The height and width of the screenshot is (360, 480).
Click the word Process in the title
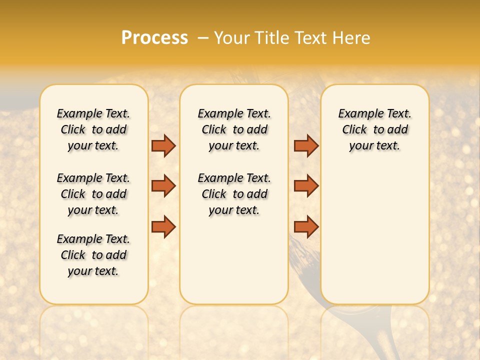[154, 38]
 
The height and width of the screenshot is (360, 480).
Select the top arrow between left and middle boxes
[163, 145]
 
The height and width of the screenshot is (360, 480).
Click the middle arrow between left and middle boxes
[163, 186]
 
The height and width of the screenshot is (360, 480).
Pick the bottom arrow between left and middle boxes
[163, 227]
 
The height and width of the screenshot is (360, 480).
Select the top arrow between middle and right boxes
[306, 145]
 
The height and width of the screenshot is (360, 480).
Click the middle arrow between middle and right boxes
[306, 186]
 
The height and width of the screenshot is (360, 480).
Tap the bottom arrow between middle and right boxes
[306, 227]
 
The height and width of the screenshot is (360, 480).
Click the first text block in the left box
[93, 129]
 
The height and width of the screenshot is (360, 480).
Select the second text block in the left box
[93, 194]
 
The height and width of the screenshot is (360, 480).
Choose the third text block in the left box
[93, 255]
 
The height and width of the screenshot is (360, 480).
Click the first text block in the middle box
[234, 129]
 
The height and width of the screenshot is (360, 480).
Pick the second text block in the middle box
[234, 194]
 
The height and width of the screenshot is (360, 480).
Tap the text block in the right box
[374, 129]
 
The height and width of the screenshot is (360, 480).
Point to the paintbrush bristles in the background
[305, 255]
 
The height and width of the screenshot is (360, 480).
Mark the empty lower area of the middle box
[234, 260]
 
